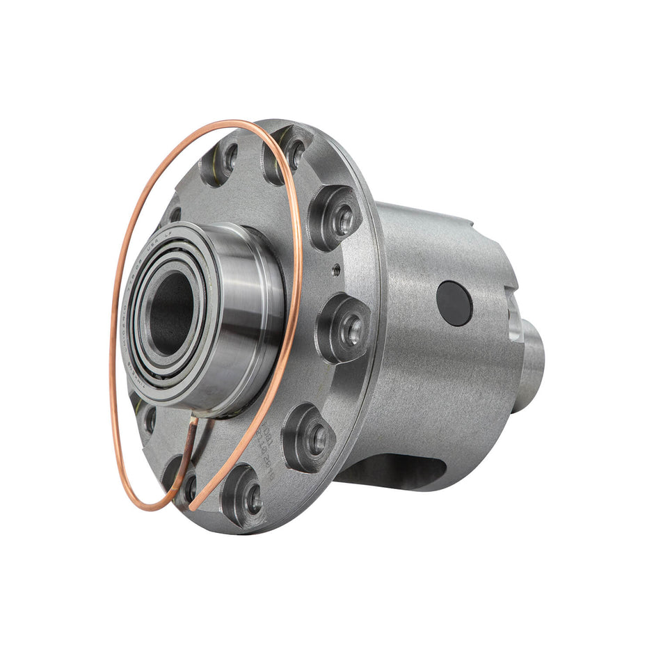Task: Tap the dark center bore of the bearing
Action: [169, 312]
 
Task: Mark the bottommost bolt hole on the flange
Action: [255, 498]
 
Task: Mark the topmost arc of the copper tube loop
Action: [230, 124]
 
